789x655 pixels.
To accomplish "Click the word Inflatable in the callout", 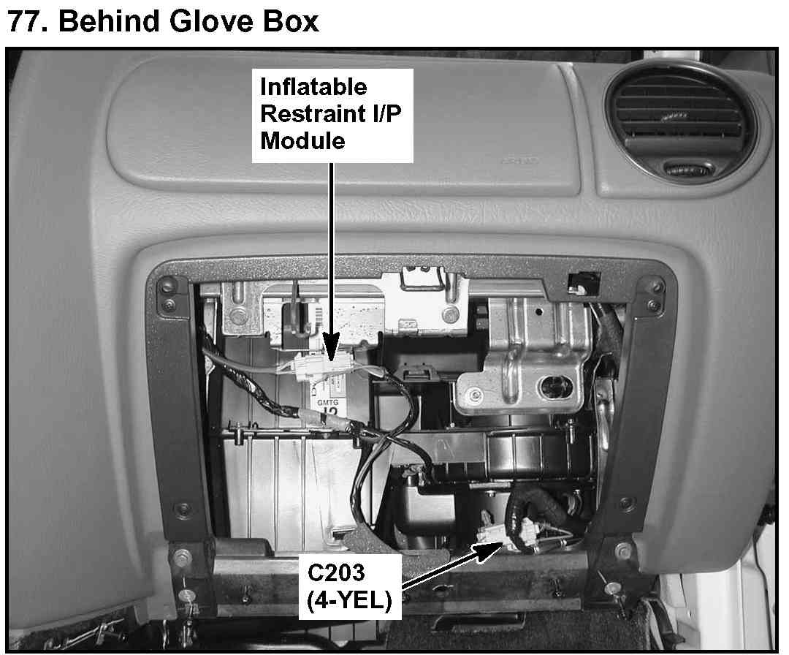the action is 314,87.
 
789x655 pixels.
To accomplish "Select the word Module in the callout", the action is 302,140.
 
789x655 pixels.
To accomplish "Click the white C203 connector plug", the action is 488,534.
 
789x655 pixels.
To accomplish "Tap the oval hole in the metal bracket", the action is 554,385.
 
